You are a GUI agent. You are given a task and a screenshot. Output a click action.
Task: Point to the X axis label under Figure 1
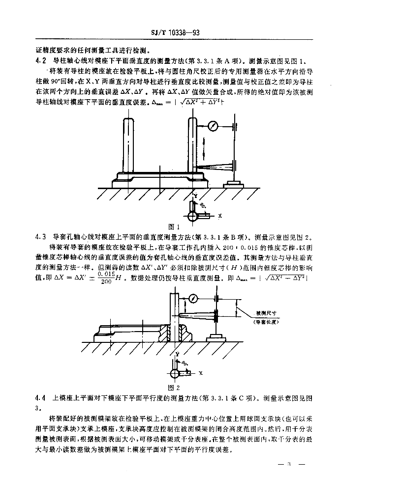pos(220,216)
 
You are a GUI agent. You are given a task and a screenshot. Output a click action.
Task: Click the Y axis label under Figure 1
pos(195,195)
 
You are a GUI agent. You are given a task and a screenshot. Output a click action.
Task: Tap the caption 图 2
pos(172,387)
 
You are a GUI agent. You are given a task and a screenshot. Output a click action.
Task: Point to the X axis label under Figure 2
pos(201,373)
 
